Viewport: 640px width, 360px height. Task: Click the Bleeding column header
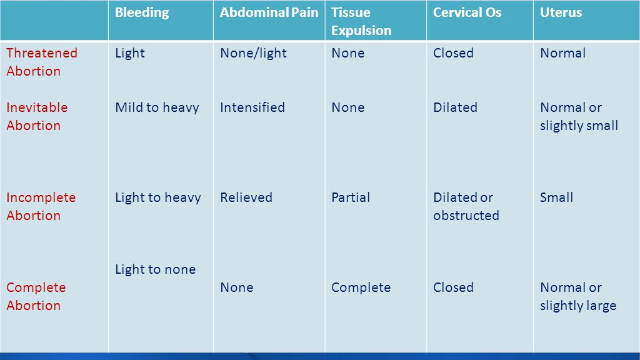tap(142, 12)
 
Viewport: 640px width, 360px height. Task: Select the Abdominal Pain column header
tap(269, 12)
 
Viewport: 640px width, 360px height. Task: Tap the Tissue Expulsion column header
tap(361, 21)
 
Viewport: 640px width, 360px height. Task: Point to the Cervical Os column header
tap(467, 12)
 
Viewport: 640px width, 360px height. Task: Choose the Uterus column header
tap(561, 12)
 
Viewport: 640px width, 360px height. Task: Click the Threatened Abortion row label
tap(42, 62)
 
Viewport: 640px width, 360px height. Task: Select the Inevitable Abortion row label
tap(37, 116)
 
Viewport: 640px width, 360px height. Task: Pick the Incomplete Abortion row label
tap(41, 206)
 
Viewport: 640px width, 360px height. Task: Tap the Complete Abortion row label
tap(36, 296)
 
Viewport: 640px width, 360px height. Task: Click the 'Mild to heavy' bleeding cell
tap(157, 107)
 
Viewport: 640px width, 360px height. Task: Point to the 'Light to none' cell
tap(156, 269)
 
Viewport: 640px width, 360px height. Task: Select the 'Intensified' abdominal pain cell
tap(252, 107)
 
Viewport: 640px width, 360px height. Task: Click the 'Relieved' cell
tap(246, 197)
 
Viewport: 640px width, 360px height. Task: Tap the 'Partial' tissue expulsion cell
tap(351, 197)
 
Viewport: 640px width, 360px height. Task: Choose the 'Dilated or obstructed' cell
tap(466, 206)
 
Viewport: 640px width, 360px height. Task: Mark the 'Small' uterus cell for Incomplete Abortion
tap(556, 197)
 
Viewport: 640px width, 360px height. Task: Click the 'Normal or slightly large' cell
tap(578, 296)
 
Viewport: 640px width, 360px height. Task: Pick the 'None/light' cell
tap(254, 53)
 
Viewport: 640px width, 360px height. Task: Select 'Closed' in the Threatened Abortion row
tap(453, 53)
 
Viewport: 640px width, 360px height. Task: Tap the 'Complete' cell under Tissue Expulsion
tap(361, 287)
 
